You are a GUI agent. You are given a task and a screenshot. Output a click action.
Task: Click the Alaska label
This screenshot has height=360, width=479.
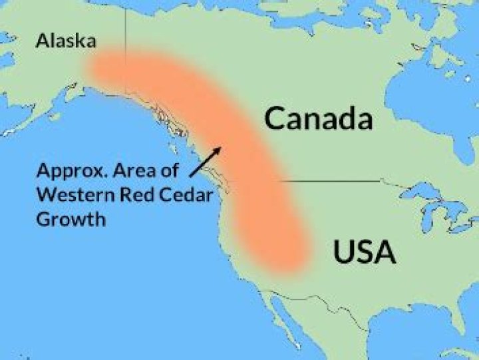click(x=66, y=41)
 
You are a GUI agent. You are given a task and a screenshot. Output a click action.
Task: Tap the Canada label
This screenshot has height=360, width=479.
click(x=317, y=119)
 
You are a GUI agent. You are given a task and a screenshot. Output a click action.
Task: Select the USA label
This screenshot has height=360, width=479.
click(x=364, y=253)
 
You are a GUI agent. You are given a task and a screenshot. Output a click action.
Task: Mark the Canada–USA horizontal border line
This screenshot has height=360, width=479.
click(x=333, y=180)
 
